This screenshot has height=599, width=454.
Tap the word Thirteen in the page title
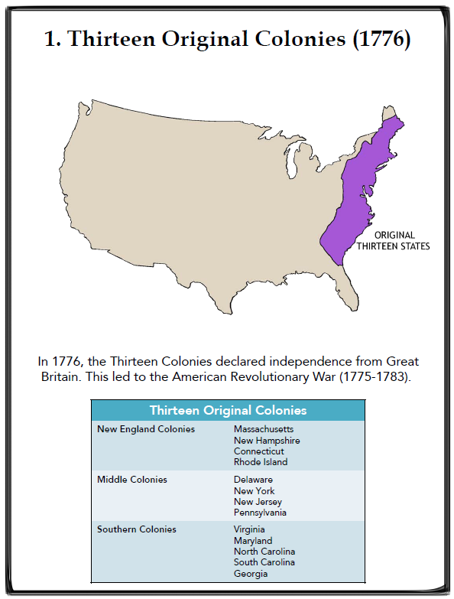pos(106,39)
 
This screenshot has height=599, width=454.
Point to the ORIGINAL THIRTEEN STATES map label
pos(395,241)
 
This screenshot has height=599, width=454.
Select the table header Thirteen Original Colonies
pos(228,411)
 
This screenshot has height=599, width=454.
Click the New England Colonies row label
pos(145,429)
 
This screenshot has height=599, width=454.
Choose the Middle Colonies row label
pos(131,480)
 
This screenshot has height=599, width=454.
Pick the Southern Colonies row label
pos(136,529)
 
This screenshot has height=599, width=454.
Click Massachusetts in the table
pos(263,429)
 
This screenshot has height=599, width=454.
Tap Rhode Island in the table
pos(261,462)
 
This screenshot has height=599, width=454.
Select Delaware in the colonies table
pos(253,480)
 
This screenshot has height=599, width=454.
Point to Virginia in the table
pos(251,529)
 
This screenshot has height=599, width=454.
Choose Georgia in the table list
pos(251,574)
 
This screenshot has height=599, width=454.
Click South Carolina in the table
pos(264,562)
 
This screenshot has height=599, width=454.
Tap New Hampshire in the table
pos(267,441)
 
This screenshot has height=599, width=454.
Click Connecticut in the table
pos(260,451)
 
